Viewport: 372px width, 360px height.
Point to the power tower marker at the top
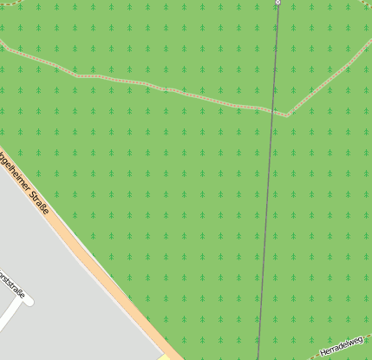pyautogui.click(x=278, y=3)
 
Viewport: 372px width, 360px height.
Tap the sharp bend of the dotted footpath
pyautogui.click(x=287, y=114)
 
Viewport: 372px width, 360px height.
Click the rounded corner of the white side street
pyautogui.click(x=25, y=300)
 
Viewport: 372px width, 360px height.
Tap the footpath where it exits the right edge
pyautogui.click(x=369, y=40)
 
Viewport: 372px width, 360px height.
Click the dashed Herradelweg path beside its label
pyautogui.click(x=303, y=356)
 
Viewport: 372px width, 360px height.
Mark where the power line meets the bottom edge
pyautogui.click(x=258, y=357)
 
